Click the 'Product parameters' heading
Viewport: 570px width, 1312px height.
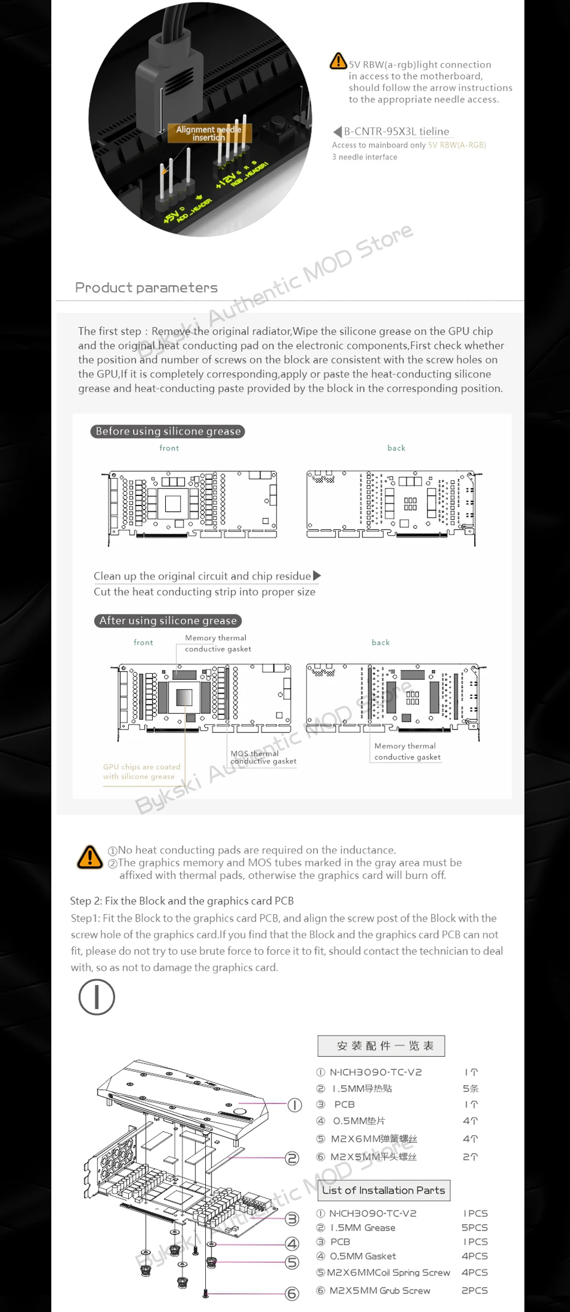click(x=146, y=288)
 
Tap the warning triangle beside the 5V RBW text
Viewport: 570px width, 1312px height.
click(x=339, y=61)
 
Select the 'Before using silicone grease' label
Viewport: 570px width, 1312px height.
click(x=168, y=431)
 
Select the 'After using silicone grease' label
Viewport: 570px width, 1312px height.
click(x=168, y=621)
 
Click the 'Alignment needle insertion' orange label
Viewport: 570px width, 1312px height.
click(x=209, y=133)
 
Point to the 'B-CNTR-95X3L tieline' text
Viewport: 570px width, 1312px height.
click(x=396, y=132)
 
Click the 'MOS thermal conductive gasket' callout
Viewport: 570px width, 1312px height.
click(x=263, y=757)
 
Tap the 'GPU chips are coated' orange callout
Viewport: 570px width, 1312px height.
click(x=141, y=772)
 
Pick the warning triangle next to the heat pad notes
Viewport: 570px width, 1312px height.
click(x=90, y=857)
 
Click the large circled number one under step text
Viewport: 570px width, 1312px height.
click(x=97, y=997)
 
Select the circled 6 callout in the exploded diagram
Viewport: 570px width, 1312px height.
click(x=292, y=1294)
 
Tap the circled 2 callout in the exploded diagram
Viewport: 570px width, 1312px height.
click(x=292, y=1158)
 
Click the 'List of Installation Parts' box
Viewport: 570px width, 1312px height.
click(x=384, y=1190)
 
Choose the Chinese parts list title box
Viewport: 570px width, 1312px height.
click(x=381, y=1046)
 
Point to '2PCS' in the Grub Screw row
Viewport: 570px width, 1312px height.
click(x=474, y=1290)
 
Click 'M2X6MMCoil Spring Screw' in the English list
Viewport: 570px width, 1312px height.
click(x=389, y=1272)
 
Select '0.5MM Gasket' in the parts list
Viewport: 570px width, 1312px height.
click(x=363, y=1256)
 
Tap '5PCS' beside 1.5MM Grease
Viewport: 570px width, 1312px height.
click(x=474, y=1228)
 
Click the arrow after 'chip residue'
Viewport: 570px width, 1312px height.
click(x=317, y=576)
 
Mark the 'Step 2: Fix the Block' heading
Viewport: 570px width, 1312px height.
click(x=182, y=901)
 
